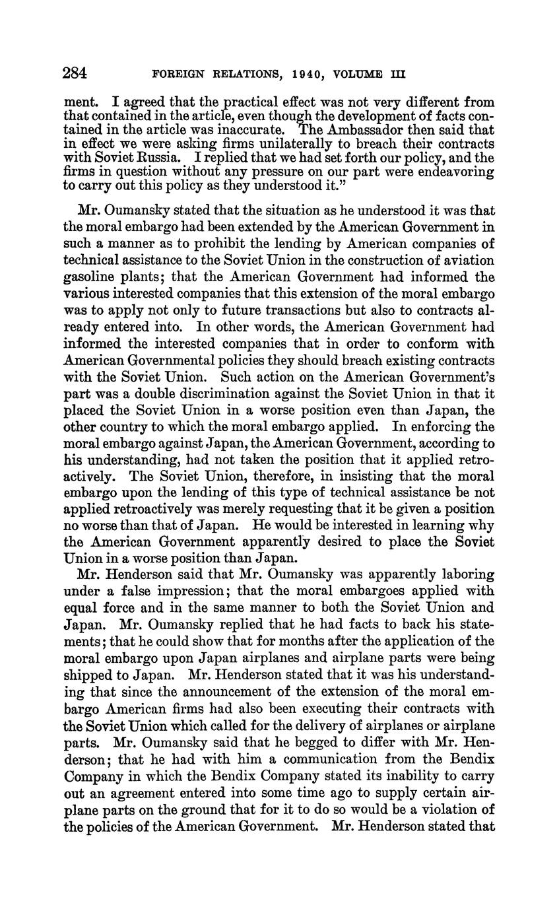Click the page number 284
pyautogui.click(x=75, y=73)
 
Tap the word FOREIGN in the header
pyautogui.click(x=176, y=75)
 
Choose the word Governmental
pyautogui.click(x=181, y=360)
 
